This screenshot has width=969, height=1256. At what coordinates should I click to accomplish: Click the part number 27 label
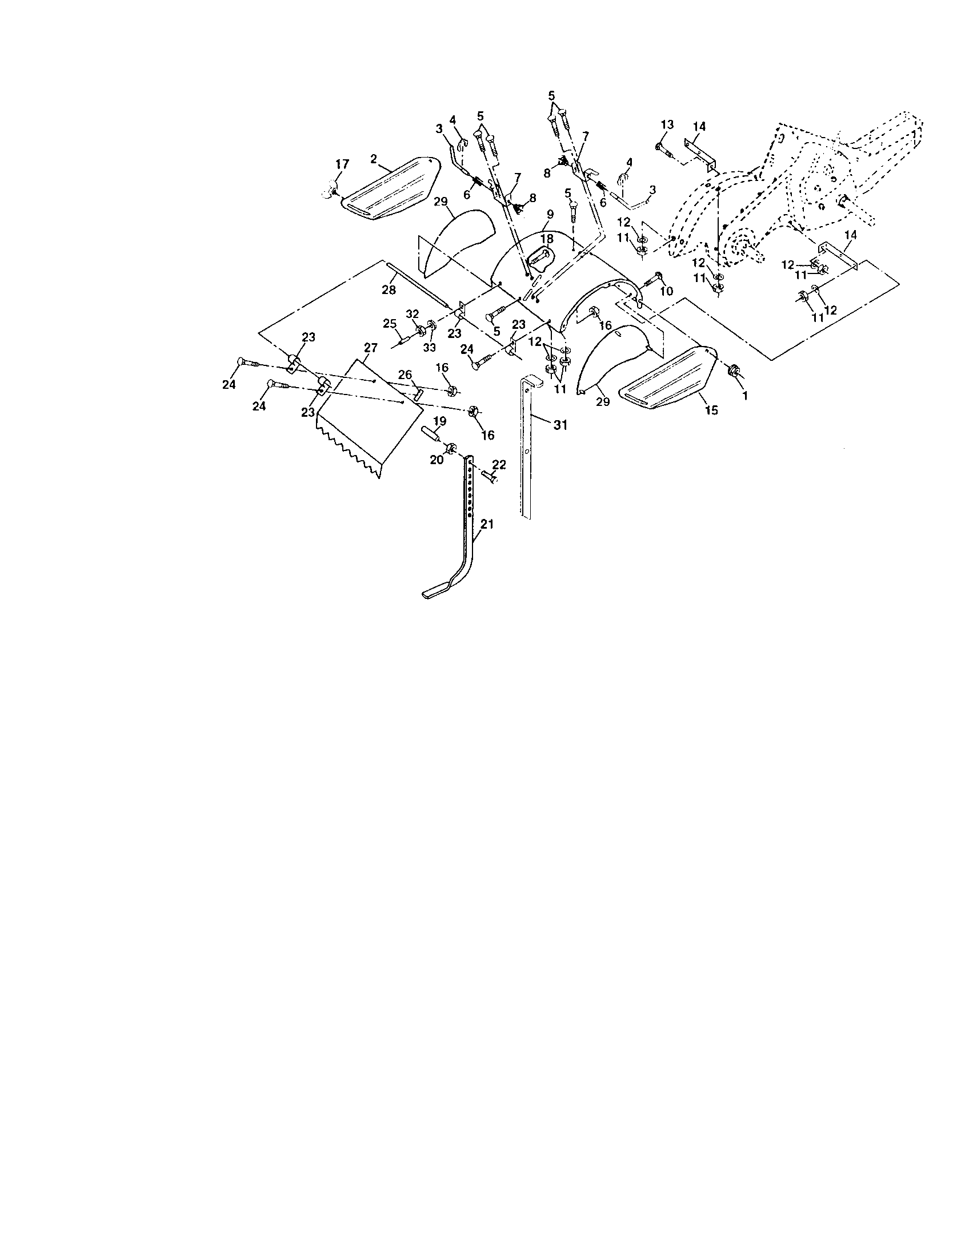coord(371,348)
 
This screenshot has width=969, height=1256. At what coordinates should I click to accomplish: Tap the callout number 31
coord(560,425)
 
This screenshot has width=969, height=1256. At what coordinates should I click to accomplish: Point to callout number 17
coord(342,164)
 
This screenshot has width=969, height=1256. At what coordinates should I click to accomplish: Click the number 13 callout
coord(667,124)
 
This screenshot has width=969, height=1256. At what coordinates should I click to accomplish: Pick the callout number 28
coord(389,290)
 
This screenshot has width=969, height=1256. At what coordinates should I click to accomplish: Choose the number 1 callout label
coord(746,397)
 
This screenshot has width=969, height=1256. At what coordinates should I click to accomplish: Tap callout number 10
coord(666,292)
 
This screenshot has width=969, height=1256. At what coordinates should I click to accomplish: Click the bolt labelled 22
coord(489,476)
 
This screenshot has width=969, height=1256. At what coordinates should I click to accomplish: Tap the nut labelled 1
coord(734,371)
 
